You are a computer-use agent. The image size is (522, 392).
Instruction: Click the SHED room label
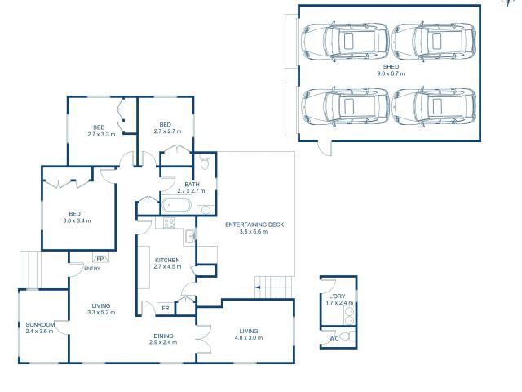[x=391, y=65]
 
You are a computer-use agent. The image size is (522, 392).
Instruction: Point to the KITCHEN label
[x=167, y=260]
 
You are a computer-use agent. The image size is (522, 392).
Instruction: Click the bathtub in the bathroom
[x=175, y=205]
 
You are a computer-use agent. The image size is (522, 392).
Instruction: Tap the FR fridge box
[x=166, y=308]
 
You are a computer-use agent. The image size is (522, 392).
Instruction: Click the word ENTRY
[x=92, y=269]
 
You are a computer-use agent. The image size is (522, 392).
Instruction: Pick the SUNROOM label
[x=39, y=324]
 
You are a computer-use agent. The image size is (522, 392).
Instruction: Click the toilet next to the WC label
[x=345, y=336]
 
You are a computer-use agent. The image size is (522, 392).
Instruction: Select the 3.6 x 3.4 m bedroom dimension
[x=77, y=220]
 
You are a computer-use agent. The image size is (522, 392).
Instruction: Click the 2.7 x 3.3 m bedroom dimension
[x=99, y=134]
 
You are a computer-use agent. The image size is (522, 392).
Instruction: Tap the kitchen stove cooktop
[x=169, y=222]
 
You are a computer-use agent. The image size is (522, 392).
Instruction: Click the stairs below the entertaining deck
[x=268, y=288]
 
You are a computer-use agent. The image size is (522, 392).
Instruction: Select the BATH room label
[x=192, y=184]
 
